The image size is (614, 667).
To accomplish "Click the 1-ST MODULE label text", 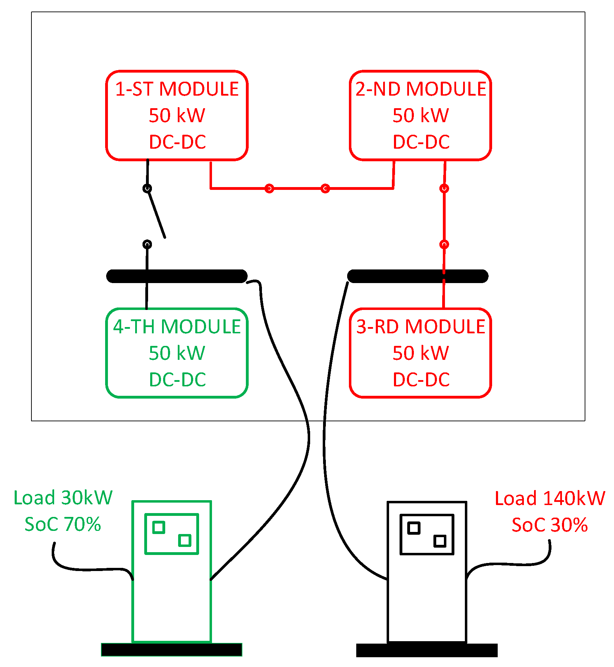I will click(177, 89).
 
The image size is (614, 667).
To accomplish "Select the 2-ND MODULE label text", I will click(421, 89).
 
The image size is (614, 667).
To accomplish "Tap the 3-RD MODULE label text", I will click(421, 327).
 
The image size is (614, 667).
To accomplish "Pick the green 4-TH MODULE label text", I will click(177, 327).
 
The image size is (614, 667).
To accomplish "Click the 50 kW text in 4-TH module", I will click(177, 353).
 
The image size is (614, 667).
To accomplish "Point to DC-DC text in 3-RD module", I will click(421, 379).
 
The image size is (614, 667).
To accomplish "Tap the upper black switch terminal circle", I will click(147, 188).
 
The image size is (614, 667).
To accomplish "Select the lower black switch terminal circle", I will click(147, 244).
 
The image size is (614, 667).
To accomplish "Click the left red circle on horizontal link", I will click(269, 188).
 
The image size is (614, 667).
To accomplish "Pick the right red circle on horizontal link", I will click(325, 188).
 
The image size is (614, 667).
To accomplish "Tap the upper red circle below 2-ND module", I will click(444, 188).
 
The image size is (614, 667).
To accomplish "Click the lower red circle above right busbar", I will click(444, 244).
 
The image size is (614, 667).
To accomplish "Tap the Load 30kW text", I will click(63, 497).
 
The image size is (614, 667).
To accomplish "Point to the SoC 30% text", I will click(549, 525).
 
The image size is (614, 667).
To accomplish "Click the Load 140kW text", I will click(549, 498).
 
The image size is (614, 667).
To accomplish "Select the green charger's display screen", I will click(171, 534).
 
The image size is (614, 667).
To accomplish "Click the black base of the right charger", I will click(426, 650).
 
